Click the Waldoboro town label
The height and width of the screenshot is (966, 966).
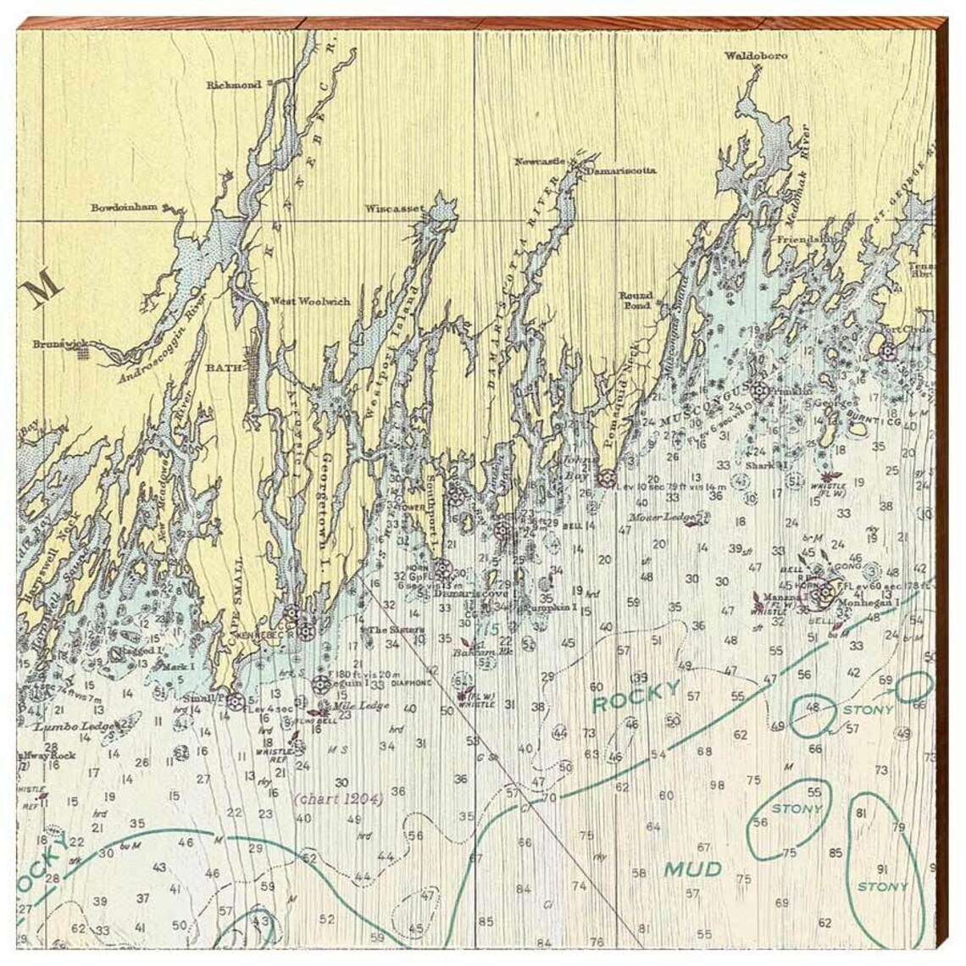point(756,56)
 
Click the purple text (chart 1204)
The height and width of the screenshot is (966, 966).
point(339,798)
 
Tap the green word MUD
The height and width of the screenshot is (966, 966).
point(692,869)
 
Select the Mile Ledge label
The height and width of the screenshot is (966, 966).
point(361,706)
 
